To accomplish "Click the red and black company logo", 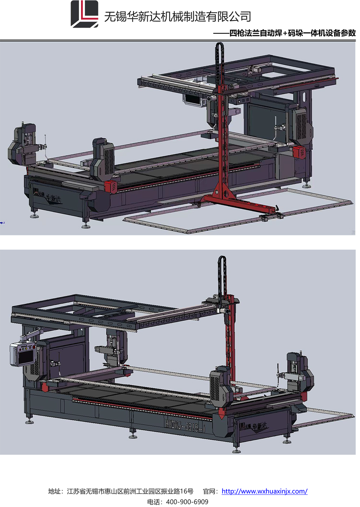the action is [85, 14].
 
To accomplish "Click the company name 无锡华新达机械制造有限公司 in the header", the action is [177, 17].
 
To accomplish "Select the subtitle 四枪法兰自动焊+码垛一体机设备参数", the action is [293, 33].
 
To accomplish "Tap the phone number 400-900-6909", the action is [187, 502].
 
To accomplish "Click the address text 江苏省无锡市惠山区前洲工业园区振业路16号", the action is [130, 491].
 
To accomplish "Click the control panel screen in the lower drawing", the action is [25, 357].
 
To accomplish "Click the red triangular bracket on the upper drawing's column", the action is [222, 190].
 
